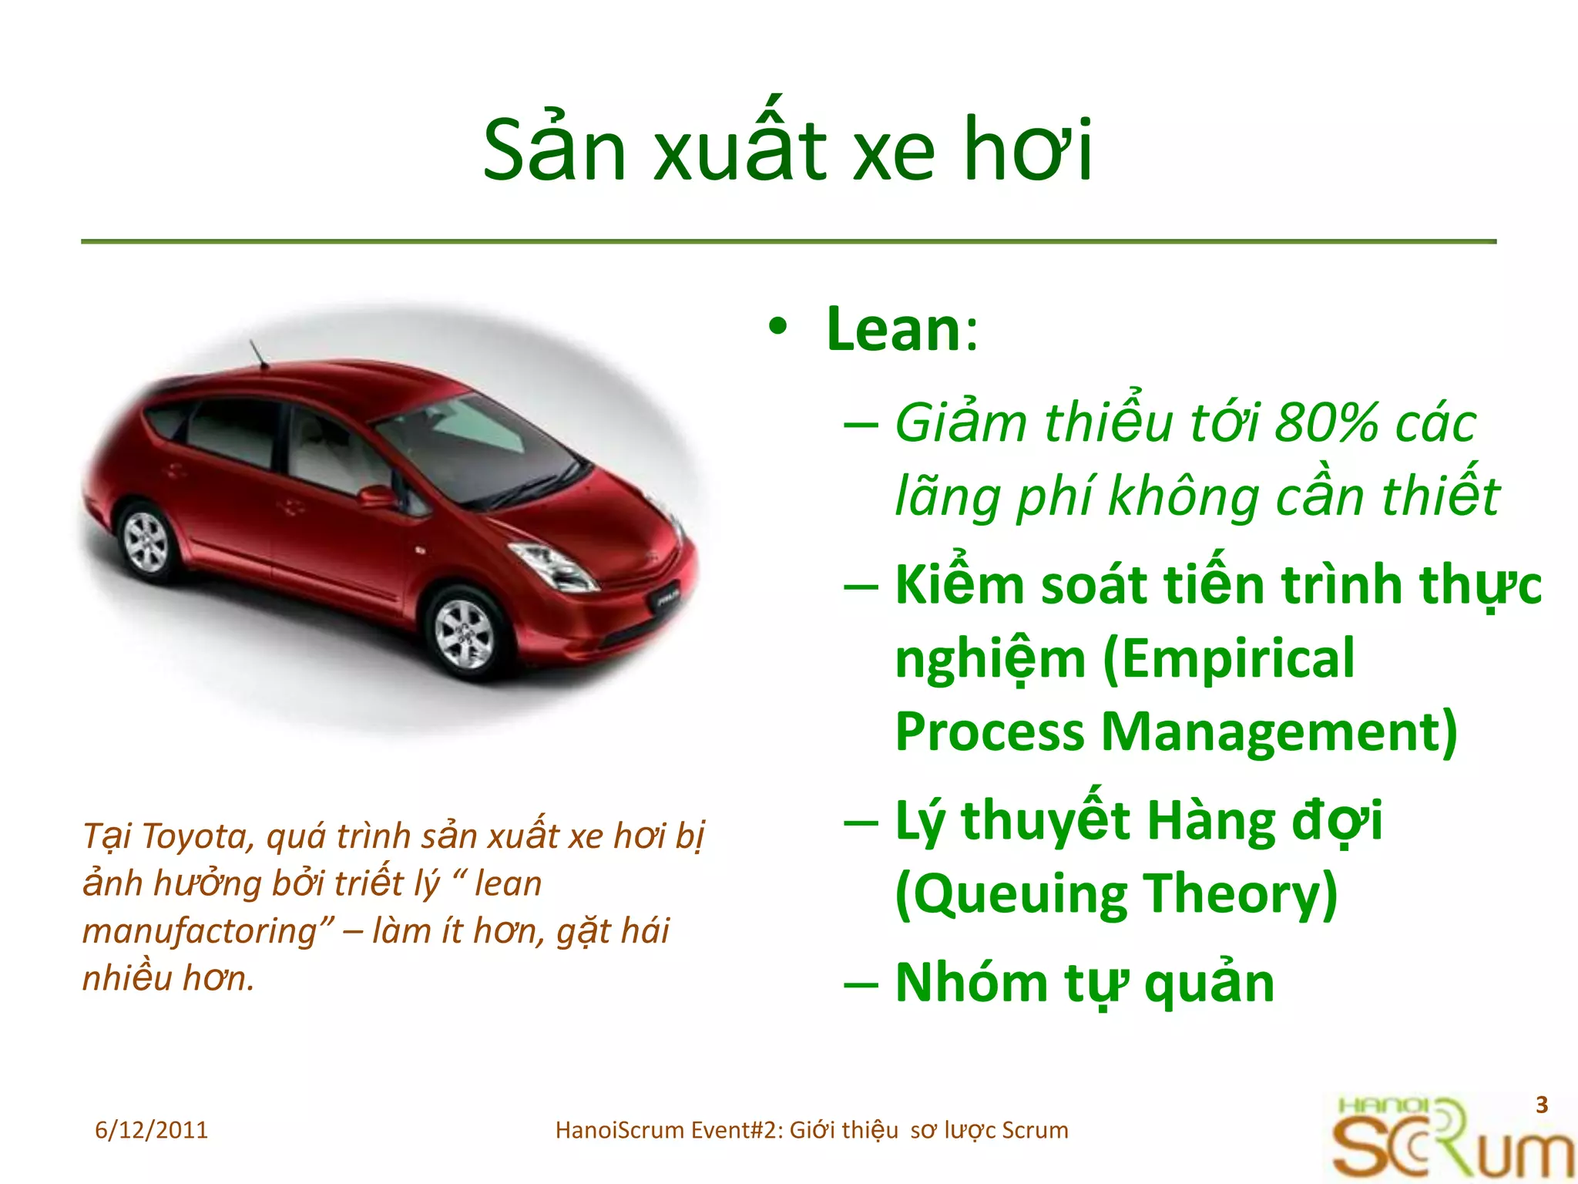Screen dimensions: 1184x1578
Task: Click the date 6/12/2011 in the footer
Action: [151, 1130]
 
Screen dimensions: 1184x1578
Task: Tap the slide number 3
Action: [1541, 1105]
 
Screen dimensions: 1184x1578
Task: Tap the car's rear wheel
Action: [146, 541]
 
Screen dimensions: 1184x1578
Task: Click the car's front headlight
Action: [553, 566]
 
